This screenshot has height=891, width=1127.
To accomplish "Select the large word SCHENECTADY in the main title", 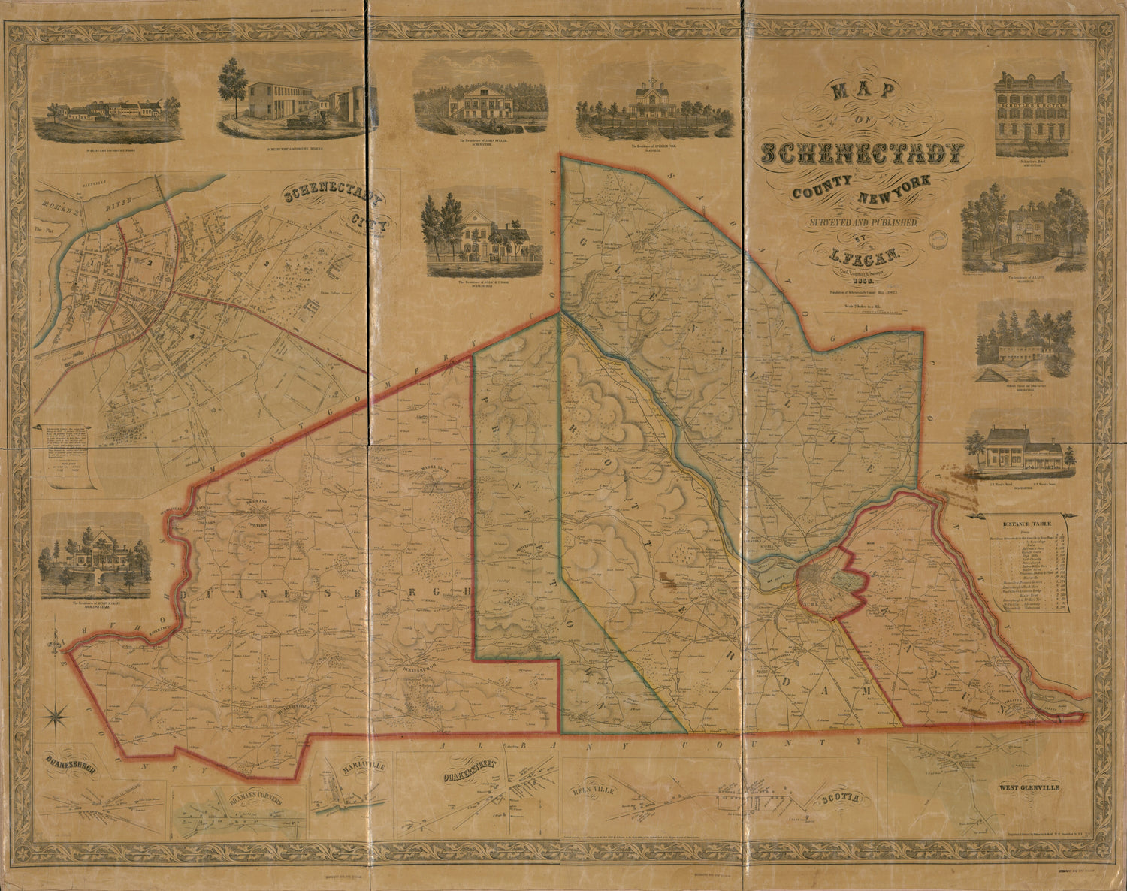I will (862, 153).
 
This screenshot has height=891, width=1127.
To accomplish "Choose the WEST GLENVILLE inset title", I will (1029, 788).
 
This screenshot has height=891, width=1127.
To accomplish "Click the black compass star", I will (57, 716).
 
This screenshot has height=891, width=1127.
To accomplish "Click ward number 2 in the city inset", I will (150, 262).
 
